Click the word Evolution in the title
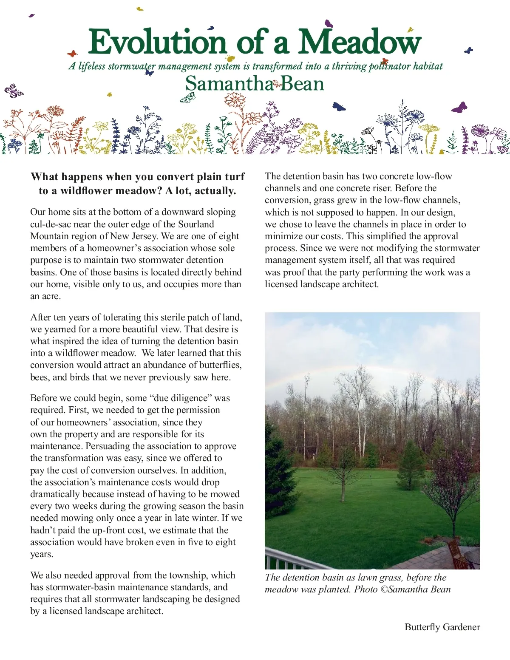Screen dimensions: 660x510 (157, 42)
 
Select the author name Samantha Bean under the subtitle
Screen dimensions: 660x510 (255, 83)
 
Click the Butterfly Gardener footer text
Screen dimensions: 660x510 (442, 627)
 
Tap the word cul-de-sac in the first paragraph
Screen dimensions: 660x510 (50, 224)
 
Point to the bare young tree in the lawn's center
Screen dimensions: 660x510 (343, 472)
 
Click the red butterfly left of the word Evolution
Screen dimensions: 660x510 (72, 54)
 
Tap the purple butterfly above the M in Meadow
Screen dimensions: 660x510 (329, 23)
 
